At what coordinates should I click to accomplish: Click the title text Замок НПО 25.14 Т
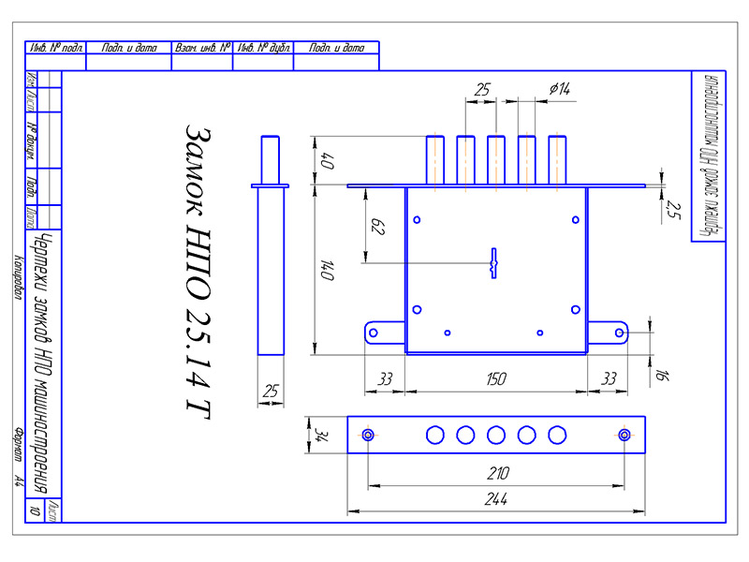click(x=198, y=271)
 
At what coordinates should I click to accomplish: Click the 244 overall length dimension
click(x=496, y=500)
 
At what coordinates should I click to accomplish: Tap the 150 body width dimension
click(x=496, y=378)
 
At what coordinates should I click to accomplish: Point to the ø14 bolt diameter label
click(x=560, y=89)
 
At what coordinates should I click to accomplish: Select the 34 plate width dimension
click(x=320, y=435)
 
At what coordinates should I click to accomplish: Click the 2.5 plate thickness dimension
click(x=671, y=212)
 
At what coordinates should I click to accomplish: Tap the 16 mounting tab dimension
click(x=662, y=376)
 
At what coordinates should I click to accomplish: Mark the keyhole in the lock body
click(x=493, y=263)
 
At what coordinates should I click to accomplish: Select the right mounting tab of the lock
click(x=609, y=333)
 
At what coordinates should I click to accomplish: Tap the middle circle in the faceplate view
click(x=496, y=435)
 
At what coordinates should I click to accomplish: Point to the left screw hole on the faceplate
click(x=368, y=435)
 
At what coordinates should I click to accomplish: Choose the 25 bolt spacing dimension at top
click(x=482, y=89)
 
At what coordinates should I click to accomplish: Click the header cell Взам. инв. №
click(x=202, y=47)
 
